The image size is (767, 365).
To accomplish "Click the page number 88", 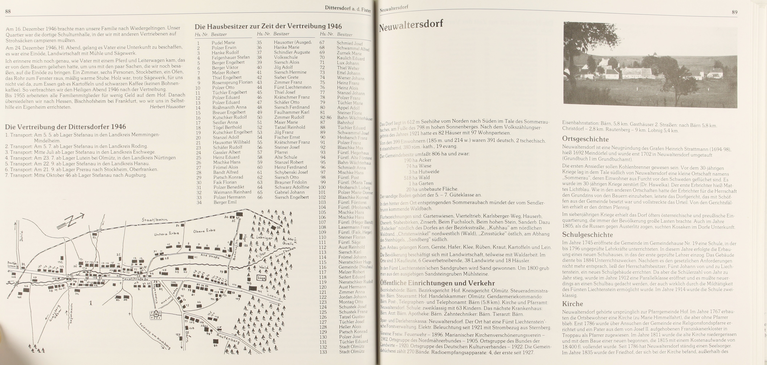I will (8, 12).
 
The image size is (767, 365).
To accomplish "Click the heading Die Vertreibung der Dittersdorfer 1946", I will (66, 127).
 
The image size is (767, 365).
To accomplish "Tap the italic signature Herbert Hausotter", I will (167, 107).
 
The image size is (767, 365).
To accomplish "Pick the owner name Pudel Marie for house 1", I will (223, 43).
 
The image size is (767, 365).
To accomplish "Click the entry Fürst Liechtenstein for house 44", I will (293, 87).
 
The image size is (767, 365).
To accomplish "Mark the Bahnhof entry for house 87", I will (345, 123).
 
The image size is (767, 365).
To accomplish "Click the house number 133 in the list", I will (323, 352).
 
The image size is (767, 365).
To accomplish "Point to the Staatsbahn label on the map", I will (155, 220).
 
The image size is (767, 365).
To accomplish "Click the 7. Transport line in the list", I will (76, 175).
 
